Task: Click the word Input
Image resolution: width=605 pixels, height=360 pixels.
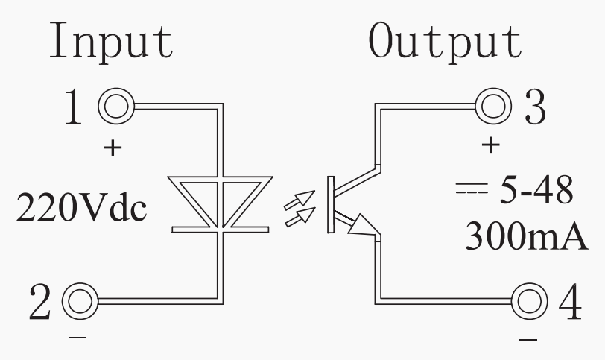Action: (112, 42)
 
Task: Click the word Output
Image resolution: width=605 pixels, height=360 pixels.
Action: (446, 41)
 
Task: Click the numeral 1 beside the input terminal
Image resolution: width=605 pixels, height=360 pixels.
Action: (73, 107)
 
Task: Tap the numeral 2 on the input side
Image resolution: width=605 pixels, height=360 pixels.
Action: (39, 302)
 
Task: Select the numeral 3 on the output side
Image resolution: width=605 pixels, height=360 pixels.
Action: (536, 107)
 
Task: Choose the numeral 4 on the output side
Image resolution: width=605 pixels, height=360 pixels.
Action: (570, 302)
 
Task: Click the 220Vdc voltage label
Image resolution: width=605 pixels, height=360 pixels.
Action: (81, 207)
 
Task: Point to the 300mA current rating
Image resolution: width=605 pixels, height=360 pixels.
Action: (527, 236)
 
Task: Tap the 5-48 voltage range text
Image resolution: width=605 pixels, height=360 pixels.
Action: (536, 189)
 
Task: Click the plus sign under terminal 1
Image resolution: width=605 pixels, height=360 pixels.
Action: (113, 148)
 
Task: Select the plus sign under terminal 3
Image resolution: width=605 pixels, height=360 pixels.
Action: (491, 145)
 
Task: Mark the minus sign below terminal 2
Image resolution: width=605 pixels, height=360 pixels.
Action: (77, 338)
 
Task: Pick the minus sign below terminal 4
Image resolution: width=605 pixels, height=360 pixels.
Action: (528, 340)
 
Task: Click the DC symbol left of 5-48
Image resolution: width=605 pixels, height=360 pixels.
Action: (472, 189)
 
